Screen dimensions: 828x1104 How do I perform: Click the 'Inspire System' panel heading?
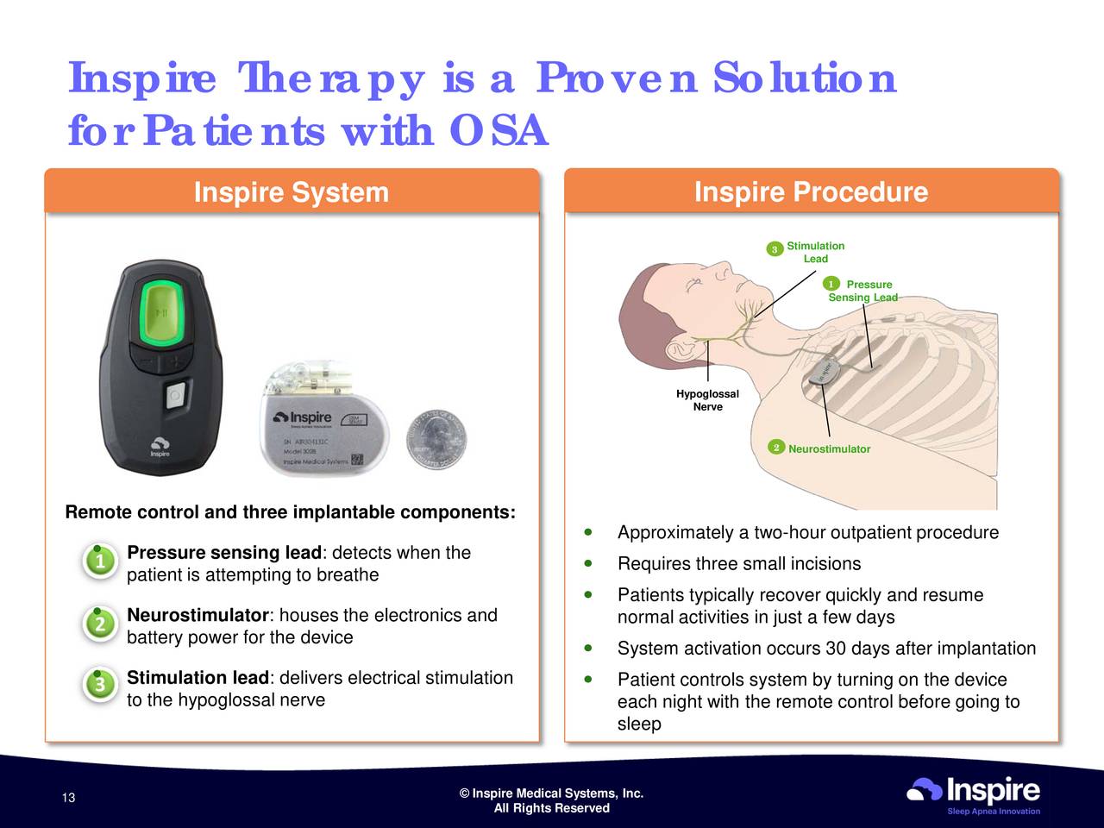[x=291, y=191]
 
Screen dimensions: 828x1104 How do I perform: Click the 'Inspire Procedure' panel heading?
[x=811, y=191]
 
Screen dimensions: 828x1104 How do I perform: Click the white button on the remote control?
[x=175, y=397]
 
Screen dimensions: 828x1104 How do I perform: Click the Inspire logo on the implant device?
[x=304, y=418]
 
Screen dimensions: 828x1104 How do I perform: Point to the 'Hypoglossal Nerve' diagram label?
[x=707, y=400]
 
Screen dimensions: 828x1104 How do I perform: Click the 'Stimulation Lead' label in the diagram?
[x=815, y=253]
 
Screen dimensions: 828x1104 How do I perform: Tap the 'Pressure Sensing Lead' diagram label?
[x=862, y=291]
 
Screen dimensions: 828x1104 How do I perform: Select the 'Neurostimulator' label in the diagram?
[x=829, y=449]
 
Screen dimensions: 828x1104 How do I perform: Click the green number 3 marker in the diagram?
[x=775, y=249]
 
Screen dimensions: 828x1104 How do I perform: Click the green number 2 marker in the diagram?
[x=776, y=448]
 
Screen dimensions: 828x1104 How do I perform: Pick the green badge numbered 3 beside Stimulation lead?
[x=100, y=685]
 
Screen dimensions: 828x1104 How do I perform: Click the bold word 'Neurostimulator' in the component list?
[x=198, y=616]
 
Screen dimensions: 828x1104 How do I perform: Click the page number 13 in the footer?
[x=69, y=798]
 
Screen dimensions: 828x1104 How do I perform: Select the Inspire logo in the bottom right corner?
[x=974, y=793]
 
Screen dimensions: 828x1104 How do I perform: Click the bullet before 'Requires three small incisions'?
[x=587, y=563]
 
